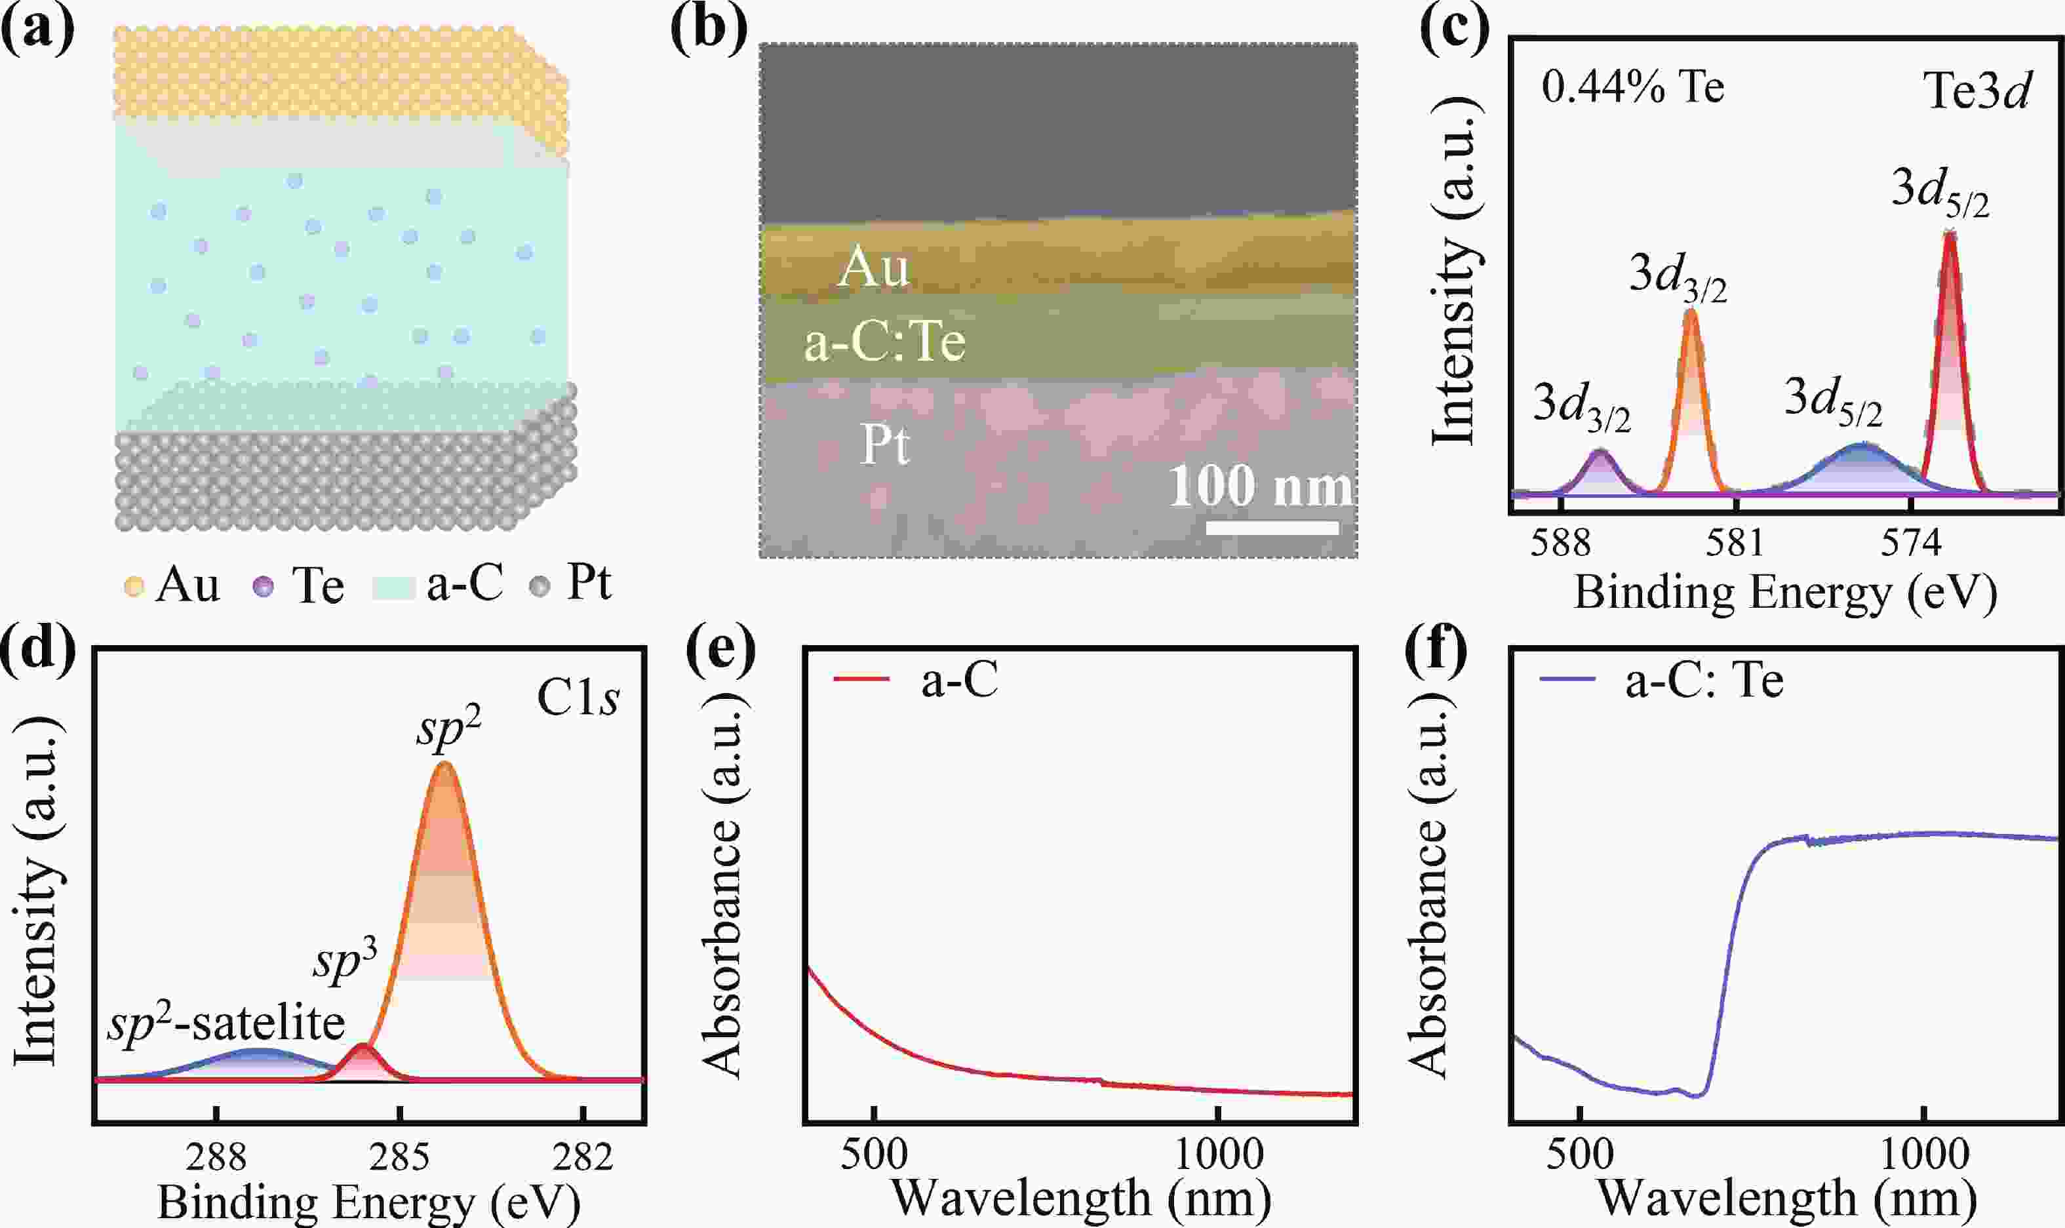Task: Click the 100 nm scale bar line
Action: coord(1272,527)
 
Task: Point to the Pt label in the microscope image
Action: coord(885,445)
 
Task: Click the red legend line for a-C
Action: coord(861,680)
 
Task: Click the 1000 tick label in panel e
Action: coord(1219,1155)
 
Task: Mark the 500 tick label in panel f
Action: coord(1580,1155)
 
